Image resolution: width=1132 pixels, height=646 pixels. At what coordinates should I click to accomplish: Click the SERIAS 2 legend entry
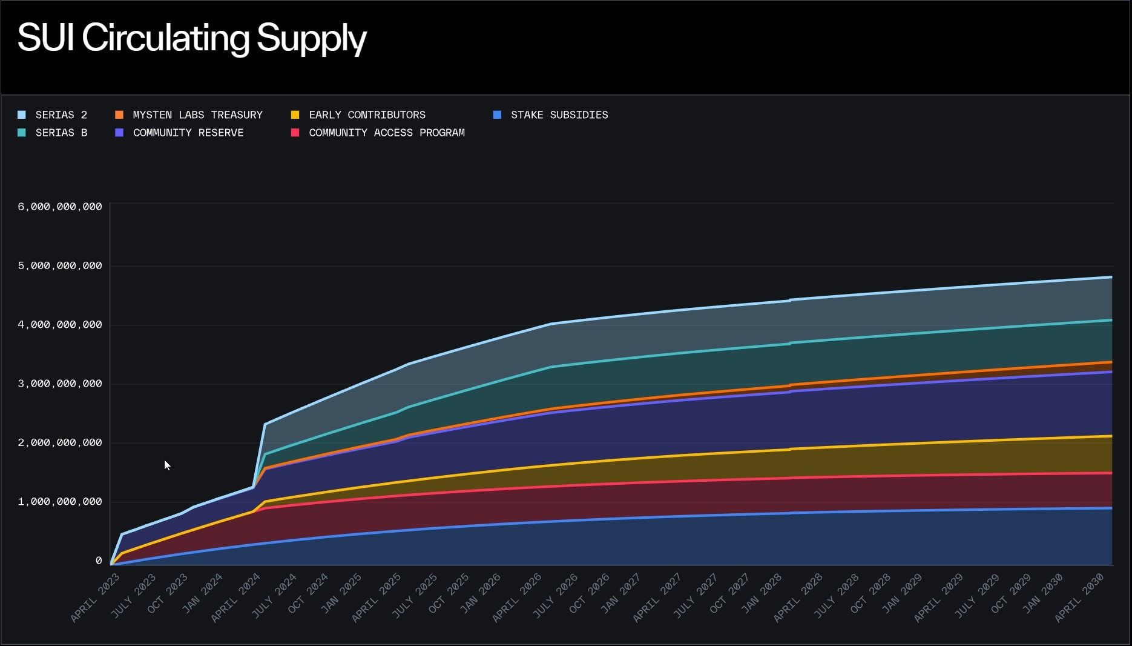pos(53,115)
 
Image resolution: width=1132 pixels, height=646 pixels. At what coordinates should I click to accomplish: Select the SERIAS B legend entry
pos(53,133)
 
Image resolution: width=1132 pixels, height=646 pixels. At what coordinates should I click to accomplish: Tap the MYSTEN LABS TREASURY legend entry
pos(189,115)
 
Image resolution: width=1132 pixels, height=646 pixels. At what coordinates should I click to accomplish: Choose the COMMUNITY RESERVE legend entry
pos(179,133)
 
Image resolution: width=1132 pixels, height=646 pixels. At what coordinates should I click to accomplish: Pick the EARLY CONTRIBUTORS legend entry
pos(358,115)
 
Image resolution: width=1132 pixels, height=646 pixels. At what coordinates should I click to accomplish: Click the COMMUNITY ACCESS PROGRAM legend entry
pos(378,133)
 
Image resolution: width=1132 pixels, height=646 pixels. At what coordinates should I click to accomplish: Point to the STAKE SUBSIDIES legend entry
pos(551,115)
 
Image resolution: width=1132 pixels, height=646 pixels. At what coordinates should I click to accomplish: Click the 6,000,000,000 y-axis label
pos(60,207)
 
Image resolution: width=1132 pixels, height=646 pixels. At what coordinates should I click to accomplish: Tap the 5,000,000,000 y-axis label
pos(60,265)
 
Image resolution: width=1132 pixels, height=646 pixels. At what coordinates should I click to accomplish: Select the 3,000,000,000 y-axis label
pos(60,384)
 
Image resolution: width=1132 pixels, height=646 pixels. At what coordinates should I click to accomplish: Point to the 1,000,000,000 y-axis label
pos(60,502)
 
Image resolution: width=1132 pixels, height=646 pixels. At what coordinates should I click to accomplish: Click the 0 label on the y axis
pos(99,561)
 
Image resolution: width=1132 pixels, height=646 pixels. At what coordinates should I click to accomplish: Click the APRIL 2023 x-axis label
pos(95,598)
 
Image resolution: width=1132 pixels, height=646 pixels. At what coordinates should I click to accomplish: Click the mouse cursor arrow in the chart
pos(167,465)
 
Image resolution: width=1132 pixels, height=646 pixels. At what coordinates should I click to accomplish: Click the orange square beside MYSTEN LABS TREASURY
pos(119,115)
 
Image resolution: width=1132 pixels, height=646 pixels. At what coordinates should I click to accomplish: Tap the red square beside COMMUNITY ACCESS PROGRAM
pos(295,133)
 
